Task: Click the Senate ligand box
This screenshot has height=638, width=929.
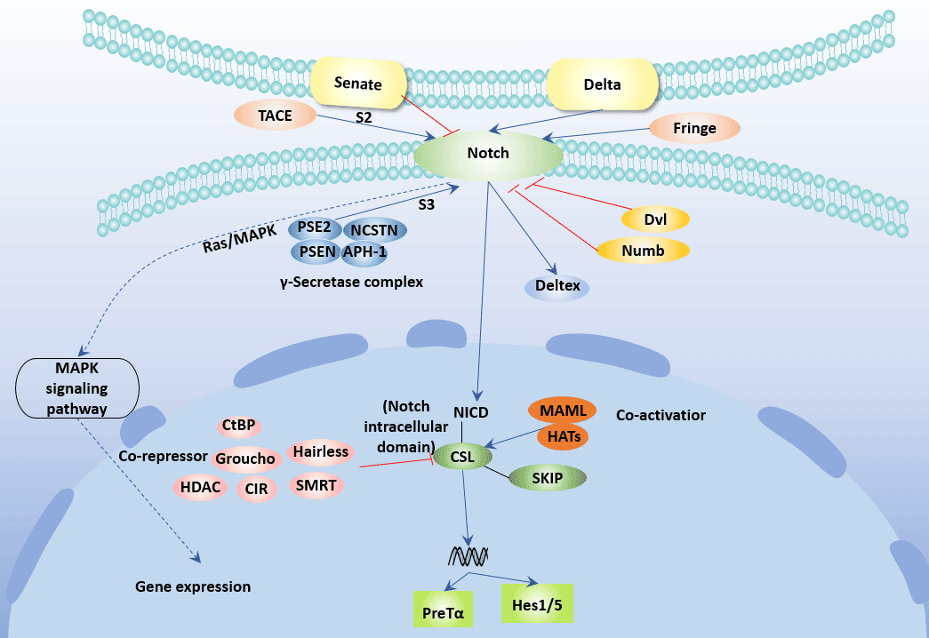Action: (x=358, y=85)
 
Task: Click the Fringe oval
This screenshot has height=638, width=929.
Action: (x=694, y=128)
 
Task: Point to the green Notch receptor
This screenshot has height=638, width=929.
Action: (x=488, y=154)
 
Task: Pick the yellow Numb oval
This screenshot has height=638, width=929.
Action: (x=643, y=251)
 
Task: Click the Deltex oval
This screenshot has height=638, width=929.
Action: (x=557, y=286)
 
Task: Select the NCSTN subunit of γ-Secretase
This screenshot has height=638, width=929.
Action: (x=374, y=229)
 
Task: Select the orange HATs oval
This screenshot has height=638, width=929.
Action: (x=563, y=437)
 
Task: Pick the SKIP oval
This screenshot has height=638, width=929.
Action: (x=548, y=479)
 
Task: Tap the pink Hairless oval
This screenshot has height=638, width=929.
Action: (x=320, y=452)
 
